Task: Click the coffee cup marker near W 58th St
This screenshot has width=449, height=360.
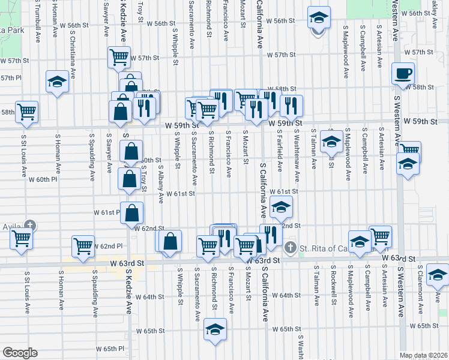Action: coord(403,74)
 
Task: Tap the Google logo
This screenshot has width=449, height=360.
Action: coord(20,353)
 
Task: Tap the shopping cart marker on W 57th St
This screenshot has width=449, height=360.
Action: coord(119,58)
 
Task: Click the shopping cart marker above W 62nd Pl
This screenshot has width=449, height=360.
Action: coord(83,245)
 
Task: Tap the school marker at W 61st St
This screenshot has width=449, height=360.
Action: coord(281,208)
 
